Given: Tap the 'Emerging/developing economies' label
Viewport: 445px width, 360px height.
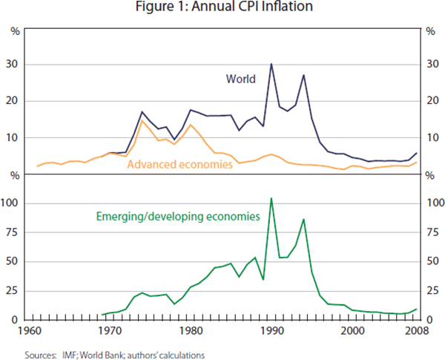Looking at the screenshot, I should [x=178, y=217].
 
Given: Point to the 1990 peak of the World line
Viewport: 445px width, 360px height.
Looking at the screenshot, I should [x=271, y=64].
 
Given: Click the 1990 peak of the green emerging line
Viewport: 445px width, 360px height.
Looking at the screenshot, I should [x=271, y=198].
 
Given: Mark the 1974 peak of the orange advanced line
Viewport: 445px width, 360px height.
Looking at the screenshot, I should [x=142, y=120].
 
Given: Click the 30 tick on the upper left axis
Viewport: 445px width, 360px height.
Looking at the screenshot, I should [x=13, y=65].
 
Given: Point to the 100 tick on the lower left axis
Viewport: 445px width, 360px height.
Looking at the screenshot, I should [x=11, y=203].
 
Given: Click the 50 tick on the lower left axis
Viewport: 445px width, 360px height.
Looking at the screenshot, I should [x=13, y=261].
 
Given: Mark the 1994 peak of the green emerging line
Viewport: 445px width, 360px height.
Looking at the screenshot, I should [x=303, y=220].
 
